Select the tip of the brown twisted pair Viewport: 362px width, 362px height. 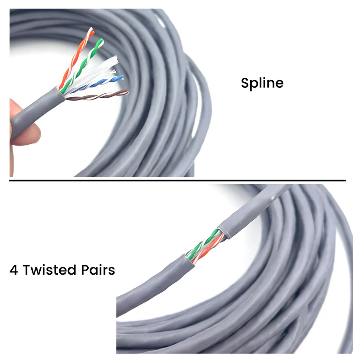[x=128, y=91]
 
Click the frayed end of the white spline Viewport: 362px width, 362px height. [x=115, y=60]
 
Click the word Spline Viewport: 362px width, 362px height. [x=262, y=83]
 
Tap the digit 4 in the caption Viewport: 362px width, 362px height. [x=14, y=270]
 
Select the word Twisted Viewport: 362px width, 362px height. [x=49, y=270]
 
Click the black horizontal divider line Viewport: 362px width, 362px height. [x=177, y=180]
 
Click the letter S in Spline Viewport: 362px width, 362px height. [x=245, y=83]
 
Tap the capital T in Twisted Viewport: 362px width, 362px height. [x=28, y=270]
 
